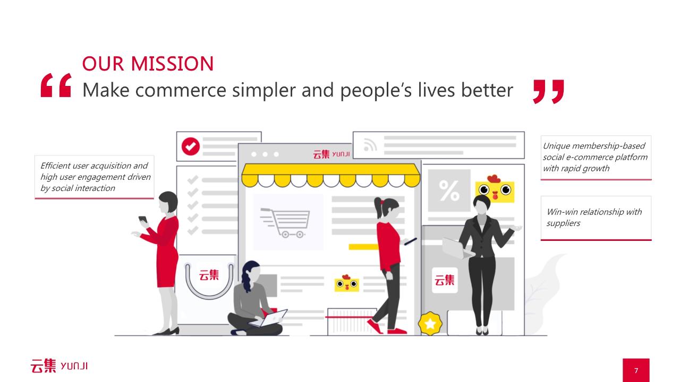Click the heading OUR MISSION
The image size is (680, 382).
click(x=148, y=64)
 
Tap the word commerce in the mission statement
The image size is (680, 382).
click(x=181, y=90)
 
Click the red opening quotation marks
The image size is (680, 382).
click(x=56, y=85)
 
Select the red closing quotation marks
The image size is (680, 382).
click(x=549, y=92)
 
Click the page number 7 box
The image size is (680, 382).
click(x=636, y=370)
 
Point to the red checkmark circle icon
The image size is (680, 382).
click(x=190, y=146)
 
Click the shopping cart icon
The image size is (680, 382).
click(x=285, y=223)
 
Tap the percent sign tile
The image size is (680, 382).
click(x=449, y=190)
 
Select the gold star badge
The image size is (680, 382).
click(x=430, y=324)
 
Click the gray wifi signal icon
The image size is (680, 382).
click(x=370, y=145)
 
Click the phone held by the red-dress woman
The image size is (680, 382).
click(x=143, y=219)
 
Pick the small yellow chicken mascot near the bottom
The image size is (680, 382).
click(x=347, y=283)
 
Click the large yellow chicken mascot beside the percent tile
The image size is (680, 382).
click(x=495, y=188)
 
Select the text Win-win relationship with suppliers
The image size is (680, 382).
click(x=594, y=218)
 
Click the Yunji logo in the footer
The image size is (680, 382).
click(x=59, y=366)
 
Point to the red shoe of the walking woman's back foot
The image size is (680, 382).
click(x=375, y=326)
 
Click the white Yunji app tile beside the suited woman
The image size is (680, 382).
click(x=445, y=280)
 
